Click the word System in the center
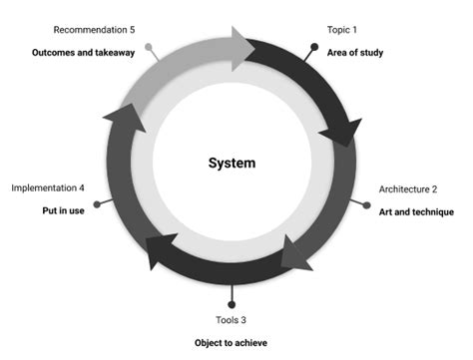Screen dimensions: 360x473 point(232,163)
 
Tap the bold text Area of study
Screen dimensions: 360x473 point(355,52)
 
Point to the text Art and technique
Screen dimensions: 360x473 point(416,211)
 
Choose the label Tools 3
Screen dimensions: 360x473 point(232,320)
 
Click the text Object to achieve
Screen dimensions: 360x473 point(232,343)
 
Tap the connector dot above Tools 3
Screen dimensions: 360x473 point(232,304)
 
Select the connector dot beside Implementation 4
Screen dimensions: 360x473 point(97,202)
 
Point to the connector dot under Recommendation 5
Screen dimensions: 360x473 point(150,46)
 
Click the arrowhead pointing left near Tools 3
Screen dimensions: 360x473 point(161,253)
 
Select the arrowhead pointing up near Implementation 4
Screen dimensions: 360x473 point(116,117)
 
